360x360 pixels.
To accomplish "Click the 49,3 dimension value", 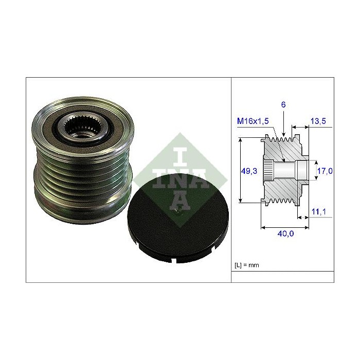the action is [249, 171].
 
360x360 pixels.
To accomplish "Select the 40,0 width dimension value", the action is [285, 233].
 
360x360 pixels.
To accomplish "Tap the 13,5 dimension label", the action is [318, 121].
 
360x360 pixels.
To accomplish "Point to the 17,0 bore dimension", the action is [325, 171].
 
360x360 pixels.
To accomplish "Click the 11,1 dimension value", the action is [319, 211].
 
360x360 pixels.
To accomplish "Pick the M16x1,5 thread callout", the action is [253, 121].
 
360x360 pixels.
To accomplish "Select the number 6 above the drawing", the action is [283, 105].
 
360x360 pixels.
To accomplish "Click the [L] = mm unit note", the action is [246, 265].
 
